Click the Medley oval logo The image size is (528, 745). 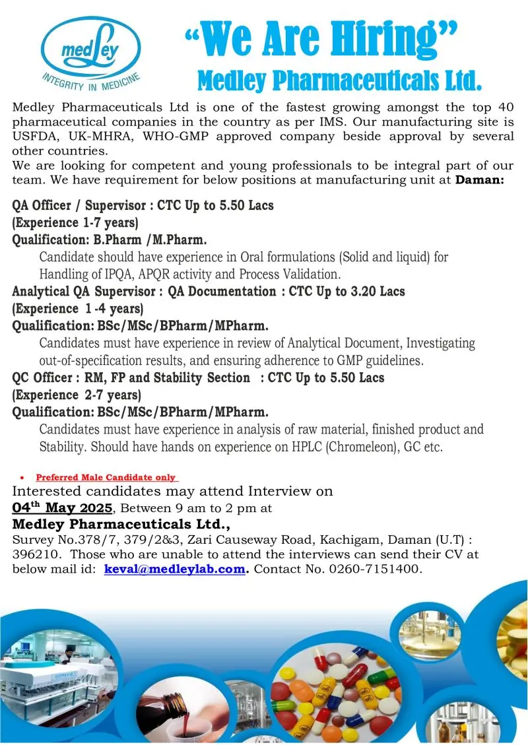[x=91, y=48]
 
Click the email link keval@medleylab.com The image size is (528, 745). [x=174, y=568]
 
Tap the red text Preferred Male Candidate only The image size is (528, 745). [x=106, y=477]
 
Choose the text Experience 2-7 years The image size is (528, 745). [x=77, y=395]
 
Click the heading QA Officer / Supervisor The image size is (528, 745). [x=80, y=205]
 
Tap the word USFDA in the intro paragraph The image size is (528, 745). [x=34, y=137]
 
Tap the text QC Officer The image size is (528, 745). [x=43, y=378]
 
